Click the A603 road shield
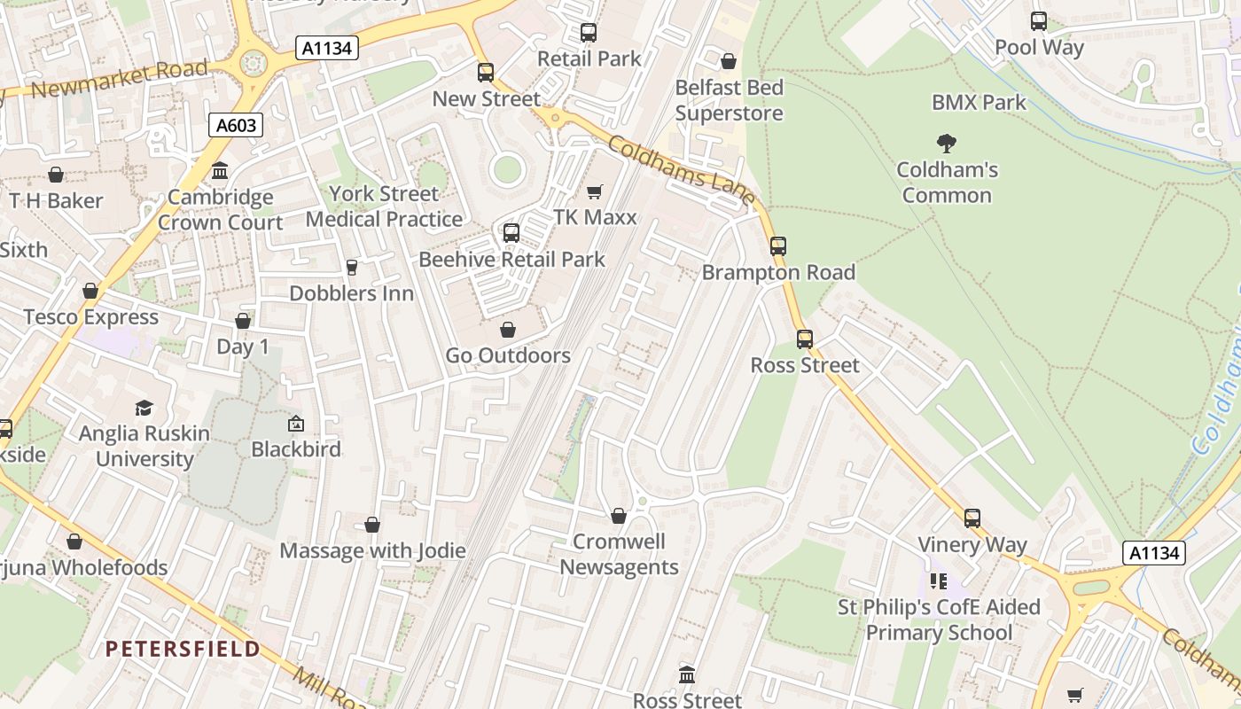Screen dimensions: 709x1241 (x=237, y=125)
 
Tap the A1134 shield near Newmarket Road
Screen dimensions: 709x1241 (x=327, y=48)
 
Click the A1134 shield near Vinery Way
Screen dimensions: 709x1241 (x=1154, y=553)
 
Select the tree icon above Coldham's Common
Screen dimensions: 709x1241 (x=947, y=143)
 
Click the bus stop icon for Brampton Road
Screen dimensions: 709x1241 (x=778, y=246)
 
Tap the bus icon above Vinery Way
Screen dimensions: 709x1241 (x=972, y=518)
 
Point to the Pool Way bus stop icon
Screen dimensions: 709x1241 (x=1039, y=21)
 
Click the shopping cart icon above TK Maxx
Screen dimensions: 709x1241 (x=594, y=191)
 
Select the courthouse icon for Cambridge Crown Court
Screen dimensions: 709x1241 (x=220, y=170)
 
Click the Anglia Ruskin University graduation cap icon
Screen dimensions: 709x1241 (x=144, y=408)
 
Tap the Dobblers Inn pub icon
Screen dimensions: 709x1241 (x=351, y=267)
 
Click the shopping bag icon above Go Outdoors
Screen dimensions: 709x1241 (x=508, y=330)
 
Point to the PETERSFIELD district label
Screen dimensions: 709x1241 (x=183, y=649)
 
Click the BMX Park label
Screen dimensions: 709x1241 (x=979, y=103)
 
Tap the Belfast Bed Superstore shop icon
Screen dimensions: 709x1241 (x=729, y=61)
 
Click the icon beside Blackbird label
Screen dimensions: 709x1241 (x=296, y=424)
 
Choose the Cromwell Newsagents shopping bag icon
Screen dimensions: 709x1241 (x=619, y=516)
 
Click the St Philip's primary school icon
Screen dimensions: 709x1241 (x=939, y=581)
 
